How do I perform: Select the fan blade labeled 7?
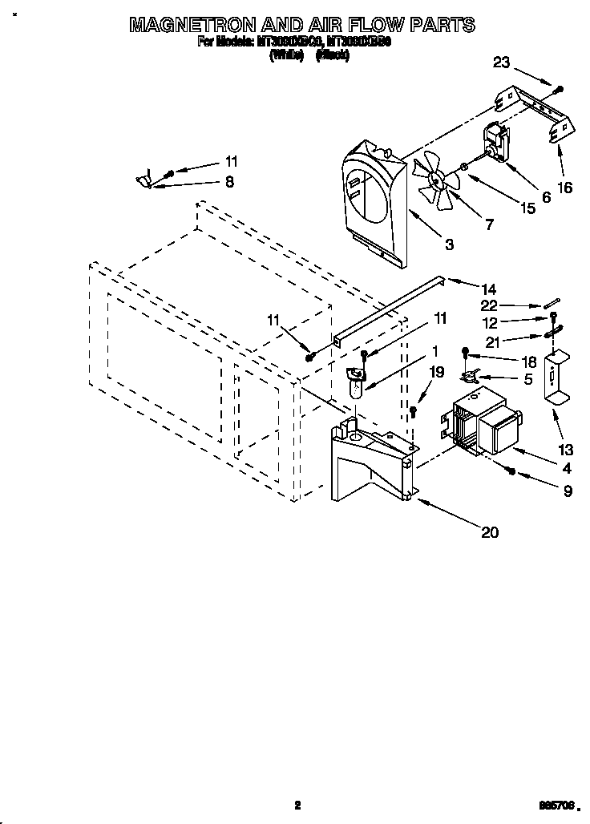click(x=438, y=186)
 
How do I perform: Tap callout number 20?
click(x=489, y=531)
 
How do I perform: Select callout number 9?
click(x=568, y=491)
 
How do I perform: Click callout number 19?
click(x=435, y=372)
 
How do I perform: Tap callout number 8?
click(x=229, y=182)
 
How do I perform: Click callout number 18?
click(x=528, y=363)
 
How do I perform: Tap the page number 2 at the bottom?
click(x=297, y=806)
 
